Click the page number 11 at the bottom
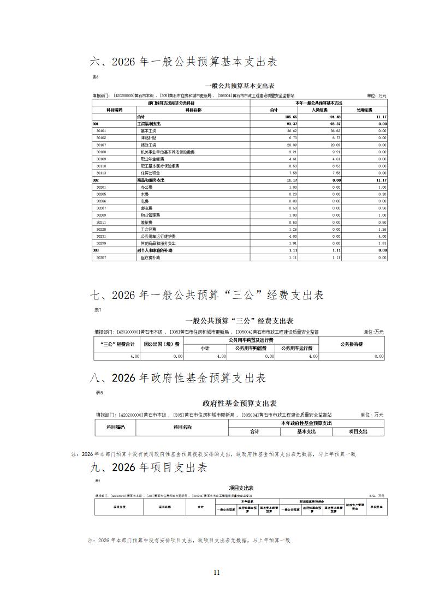pyautogui.click(x=216, y=572)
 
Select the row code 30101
pyautogui.click(x=101, y=131)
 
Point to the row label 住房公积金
pyautogui.click(x=150, y=173)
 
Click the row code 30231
pyautogui.click(x=101, y=236)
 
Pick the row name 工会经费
pyautogui.click(x=149, y=230)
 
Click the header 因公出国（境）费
pyautogui.click(x=162, y=344)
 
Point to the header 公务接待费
pyautogui.click(x=352, y=344)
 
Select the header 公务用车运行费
pyautogui.click(x=297, y=348)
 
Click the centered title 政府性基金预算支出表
pyautogui.click(x=240, y=404)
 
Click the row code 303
pyautogui.click(x=96, y=250)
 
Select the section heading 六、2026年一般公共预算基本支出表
pyautogui.click(x=183, y=62)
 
